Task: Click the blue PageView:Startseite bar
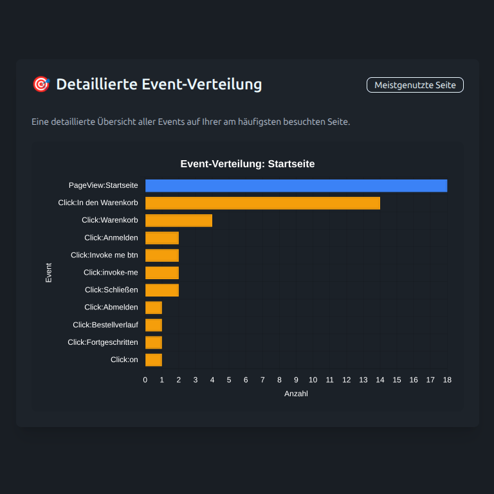pos(296,186)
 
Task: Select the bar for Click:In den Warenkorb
pos(262,203)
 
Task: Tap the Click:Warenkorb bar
pos(179,221)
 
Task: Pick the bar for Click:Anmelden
pos(162,238)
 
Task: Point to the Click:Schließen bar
pos(162,290)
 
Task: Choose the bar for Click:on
pos(154,360)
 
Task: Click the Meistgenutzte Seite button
pos(415,85)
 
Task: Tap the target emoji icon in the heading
pos(41,84)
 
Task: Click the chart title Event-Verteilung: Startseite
pos(248,164)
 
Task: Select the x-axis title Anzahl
pos(296,394)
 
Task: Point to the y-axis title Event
pos(49,273)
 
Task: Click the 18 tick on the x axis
pos(447,380)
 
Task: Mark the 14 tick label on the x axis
pos(380,380)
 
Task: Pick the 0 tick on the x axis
pos(145,380)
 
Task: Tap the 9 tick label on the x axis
pos(297,380)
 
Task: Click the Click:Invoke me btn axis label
pos(104,255)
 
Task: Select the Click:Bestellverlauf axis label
pos(105,325)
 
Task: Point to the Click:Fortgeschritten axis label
pos(103,342)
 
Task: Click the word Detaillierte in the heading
pos(96,84)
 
